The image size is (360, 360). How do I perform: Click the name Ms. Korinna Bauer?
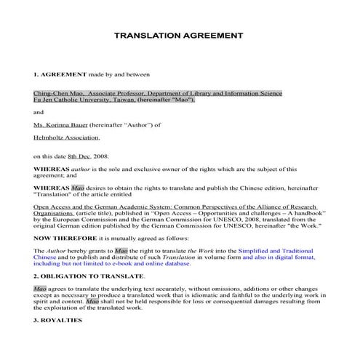coord(60,124)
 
